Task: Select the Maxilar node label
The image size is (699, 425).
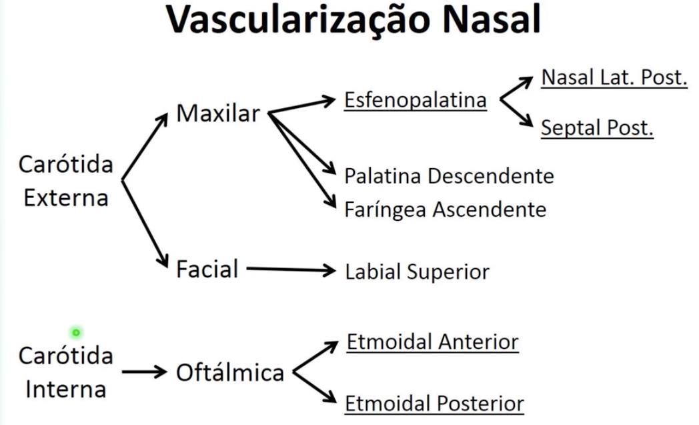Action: pyautogui.click(x=217, y=113)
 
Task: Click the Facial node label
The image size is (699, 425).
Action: pyautogui.click(x=207, y=270)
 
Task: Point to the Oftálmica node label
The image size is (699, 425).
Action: pyautogui.click(x=230, y=373)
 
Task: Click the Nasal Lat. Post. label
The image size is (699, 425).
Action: pyautogui.click(x=614, y=77)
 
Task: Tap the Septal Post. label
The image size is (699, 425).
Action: pyautogui.click(x=596, y=127)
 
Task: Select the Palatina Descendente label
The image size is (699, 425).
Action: pyautogui.click(x=449, y=176)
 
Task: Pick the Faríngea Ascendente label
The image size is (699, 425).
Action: pyautogui.click(x=445, y=209)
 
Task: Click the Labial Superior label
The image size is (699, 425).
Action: pyautogui.click(x=417, y=272)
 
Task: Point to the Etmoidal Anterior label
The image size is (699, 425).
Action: pyautogui.click(x=432, y=342)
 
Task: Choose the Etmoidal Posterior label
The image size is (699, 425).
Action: pyautogui.click(x=434, y=404)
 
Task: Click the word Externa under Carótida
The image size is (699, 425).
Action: pyautogui.click(x=65, y=198)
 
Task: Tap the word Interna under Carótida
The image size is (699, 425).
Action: pyautogui.click(x=65, y=388)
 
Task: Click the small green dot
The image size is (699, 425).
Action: pyautogui.click(x=76, y=332)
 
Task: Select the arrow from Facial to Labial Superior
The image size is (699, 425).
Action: pyautogui.click(x=289, y=270)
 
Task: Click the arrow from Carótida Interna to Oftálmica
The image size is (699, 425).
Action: pyautogui.click(x=143, y=372)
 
